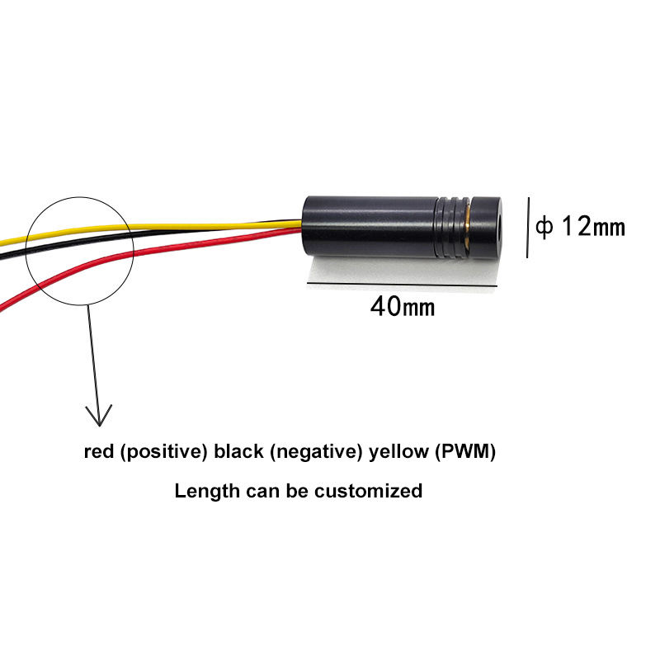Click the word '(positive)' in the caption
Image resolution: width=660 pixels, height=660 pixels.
(163, 452)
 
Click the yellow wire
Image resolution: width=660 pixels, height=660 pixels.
(206, 224)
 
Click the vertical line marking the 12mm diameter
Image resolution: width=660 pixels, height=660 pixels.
(527, 227)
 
